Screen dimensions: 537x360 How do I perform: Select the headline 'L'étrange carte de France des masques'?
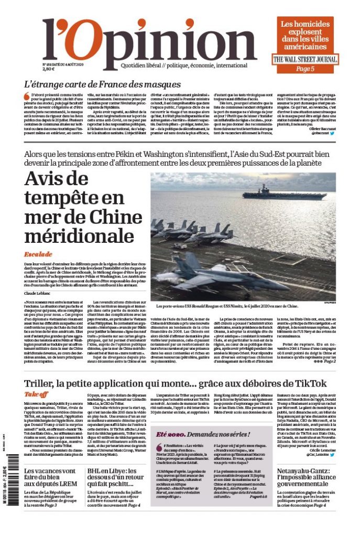pyautogui.click(x=102, y=84)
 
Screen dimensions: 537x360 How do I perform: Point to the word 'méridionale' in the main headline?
pyautogui.click(x=79, y=235)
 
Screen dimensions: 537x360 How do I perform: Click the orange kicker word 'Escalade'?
pyautogui.click(x=38, y=254)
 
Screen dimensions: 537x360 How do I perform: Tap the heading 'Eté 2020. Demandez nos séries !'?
pyautogui.click(x=202, y=435)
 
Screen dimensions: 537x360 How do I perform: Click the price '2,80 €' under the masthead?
pyautogui.click(x=49, y=69)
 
